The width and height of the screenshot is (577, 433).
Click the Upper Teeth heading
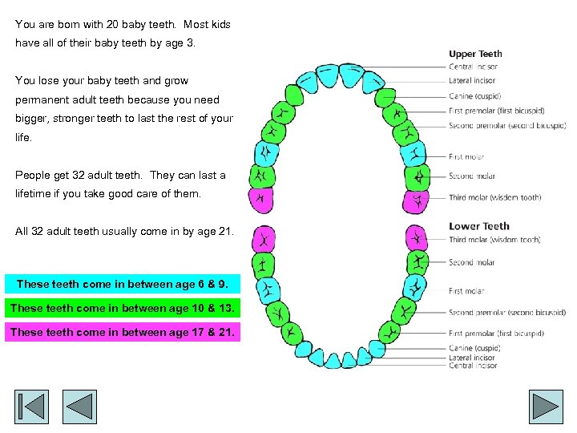pos(475,55)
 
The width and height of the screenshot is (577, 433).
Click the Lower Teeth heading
pos(479,226)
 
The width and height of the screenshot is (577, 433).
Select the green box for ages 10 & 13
pos(123,308)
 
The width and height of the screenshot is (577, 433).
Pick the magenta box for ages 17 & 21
pos(123,332)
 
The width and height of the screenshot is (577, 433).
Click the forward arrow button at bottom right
pos(546,407)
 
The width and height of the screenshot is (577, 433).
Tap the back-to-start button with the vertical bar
pos(31,407)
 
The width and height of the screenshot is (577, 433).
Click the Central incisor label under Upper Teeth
pos(474,67)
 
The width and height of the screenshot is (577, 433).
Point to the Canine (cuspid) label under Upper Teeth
pos(474,96)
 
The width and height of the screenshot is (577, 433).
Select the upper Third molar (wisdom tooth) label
pos(494,197)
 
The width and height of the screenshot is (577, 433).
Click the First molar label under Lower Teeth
pos(466,291)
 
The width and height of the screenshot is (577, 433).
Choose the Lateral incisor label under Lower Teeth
pos(473,358)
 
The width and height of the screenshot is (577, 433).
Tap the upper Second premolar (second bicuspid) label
pos(507,125)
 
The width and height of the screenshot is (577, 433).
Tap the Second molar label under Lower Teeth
pos(471,262)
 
